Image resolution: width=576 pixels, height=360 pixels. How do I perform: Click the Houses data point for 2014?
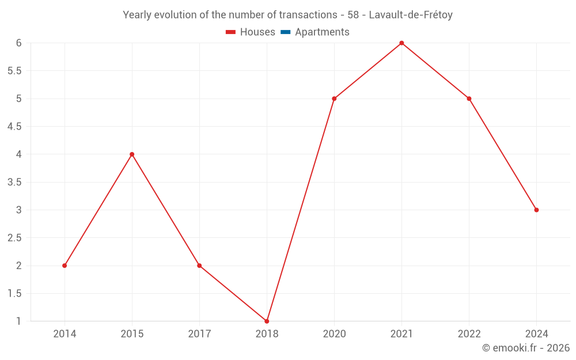65,266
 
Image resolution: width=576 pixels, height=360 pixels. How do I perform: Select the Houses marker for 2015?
132,154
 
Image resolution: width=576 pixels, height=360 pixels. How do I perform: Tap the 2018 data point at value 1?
267,321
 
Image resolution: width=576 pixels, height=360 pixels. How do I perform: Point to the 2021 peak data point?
401,43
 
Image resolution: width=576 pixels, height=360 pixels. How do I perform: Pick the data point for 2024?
536,210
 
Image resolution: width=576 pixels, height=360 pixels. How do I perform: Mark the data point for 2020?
334,98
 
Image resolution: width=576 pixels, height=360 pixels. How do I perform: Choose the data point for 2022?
469,98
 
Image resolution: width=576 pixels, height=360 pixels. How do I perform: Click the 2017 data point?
199,266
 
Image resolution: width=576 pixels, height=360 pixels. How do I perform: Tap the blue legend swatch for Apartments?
286,32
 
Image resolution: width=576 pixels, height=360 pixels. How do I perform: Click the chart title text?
287,15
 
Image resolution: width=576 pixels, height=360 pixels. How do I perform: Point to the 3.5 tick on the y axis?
15,182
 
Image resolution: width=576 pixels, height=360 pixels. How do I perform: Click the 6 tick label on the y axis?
19,43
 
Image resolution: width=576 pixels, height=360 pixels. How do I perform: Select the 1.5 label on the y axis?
15,293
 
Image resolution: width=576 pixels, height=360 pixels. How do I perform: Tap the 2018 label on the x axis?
267,334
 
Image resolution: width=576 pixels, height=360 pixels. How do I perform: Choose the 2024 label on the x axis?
536,334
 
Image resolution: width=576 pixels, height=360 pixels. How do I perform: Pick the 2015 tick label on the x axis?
132,334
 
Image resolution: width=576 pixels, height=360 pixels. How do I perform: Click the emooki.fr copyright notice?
526,348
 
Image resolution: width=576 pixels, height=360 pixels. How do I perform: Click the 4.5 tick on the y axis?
15,126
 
